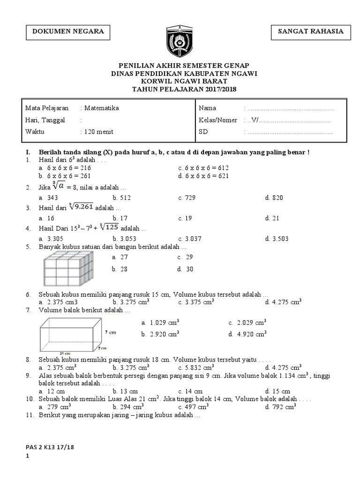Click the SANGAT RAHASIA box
pos(311,32)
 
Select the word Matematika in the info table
pos(101,108)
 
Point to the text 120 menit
pos(98,132)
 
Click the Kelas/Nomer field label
pos(218,120)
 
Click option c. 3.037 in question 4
pos(189,239)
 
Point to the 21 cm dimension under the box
pos(65,353)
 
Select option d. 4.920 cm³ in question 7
pos(247,334)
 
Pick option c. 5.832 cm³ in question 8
pos(195,368)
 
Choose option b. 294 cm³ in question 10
pos(131,407)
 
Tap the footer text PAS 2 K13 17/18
pos(50,448)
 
